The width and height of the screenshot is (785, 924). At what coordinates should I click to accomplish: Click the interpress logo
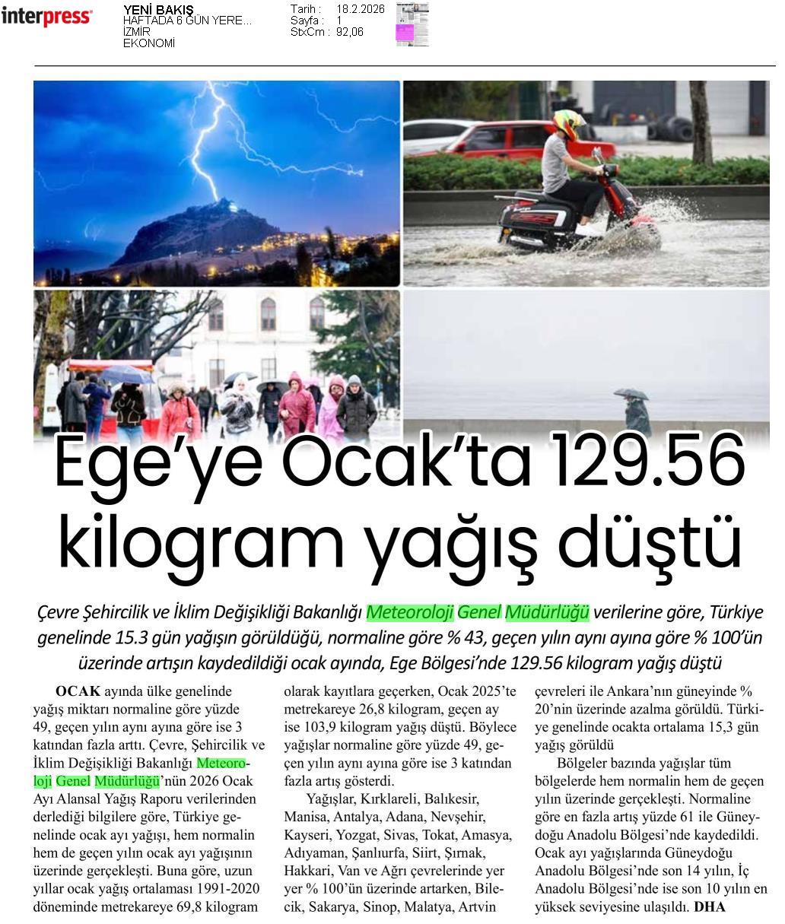47,17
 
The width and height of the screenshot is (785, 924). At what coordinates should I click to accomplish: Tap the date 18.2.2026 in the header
361,9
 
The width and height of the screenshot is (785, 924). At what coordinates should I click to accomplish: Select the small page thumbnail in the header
412,24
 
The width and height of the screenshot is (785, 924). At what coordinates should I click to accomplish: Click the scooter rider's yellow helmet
567,122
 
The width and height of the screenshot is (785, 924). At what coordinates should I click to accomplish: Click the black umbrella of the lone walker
631,393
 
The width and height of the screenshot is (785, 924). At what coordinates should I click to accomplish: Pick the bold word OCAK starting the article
78,691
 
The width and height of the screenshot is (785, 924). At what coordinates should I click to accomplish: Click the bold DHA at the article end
710,907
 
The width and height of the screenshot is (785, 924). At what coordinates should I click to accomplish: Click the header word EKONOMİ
149,43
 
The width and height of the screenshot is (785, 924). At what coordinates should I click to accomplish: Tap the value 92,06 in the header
350,32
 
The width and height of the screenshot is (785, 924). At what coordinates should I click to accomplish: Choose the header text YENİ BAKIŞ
158,10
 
